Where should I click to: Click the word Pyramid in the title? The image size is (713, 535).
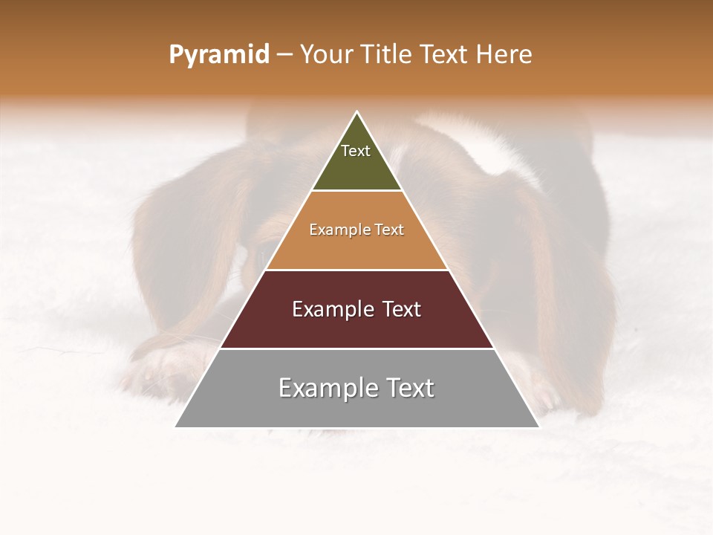(218, 55)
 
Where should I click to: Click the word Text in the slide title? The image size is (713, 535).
(445, 55)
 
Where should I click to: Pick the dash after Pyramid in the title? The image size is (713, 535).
(284, 56)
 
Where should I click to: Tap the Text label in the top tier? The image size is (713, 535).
(356, 151)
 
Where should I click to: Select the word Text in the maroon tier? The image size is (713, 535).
(399, 309)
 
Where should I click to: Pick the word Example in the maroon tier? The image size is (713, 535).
(331, 309)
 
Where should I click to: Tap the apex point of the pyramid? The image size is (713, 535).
(357, 112)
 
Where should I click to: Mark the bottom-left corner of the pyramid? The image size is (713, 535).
(176, 427)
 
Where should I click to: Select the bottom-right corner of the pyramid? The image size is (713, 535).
(538, 427)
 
